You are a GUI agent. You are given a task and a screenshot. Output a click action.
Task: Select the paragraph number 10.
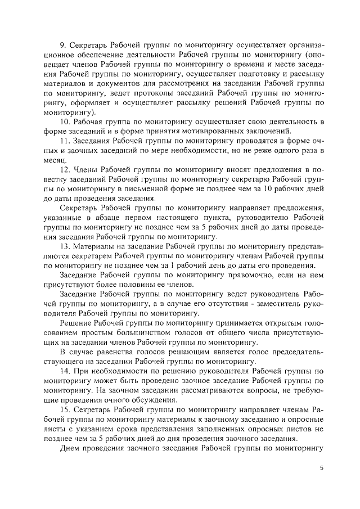[64, 122]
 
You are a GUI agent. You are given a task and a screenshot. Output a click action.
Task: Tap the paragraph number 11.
[64, 141]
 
